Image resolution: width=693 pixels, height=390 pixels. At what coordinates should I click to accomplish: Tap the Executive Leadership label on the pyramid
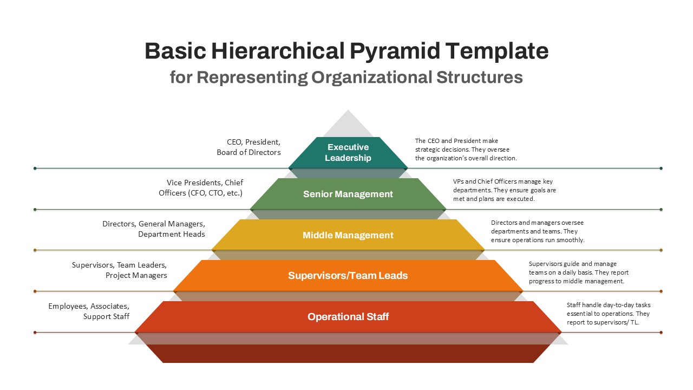[x=348, y=152]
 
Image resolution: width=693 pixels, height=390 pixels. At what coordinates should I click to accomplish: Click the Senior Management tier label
[x=348, y=194]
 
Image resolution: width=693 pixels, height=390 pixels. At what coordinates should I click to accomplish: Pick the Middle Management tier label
[x=348, y=235]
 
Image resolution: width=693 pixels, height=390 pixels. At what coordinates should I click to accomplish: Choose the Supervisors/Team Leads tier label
[x=348, y=276]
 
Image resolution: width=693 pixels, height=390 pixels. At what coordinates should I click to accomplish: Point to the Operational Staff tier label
[x=348, y=317]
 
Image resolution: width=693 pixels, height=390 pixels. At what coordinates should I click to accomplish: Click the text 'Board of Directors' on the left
[x=249, y=152]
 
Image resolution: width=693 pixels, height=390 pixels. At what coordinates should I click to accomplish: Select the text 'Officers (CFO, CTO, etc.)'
[x=200, y=193]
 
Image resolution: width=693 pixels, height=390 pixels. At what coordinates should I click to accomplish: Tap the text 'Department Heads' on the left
[x=171, y=234]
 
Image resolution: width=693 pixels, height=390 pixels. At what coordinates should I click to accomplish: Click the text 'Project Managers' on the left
[x=136, y=275]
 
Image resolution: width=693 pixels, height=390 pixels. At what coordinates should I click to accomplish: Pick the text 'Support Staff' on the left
[x=106, y=316]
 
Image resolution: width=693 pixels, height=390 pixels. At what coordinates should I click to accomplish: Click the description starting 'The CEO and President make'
[x=466, y=149]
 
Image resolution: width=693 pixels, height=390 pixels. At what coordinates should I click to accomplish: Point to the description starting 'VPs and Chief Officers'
[x=504, y=190]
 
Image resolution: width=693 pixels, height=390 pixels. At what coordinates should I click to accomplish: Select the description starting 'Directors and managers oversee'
[x=538, y=231]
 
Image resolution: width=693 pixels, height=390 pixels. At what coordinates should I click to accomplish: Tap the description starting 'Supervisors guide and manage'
[x=578, y=272]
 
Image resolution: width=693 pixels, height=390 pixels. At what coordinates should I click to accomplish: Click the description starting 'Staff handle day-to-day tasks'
[x=608, y=314]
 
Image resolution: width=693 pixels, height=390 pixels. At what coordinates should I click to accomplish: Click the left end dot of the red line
[x=35, y=332]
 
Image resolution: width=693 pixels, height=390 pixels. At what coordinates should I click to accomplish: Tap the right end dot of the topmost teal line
[x=661, y=168]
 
